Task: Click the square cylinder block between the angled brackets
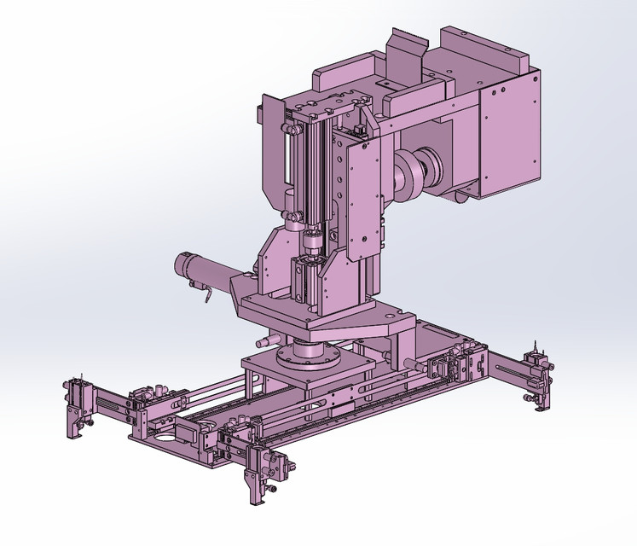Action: (x=307, y=280)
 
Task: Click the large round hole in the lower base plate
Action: (x=165, y=436)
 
